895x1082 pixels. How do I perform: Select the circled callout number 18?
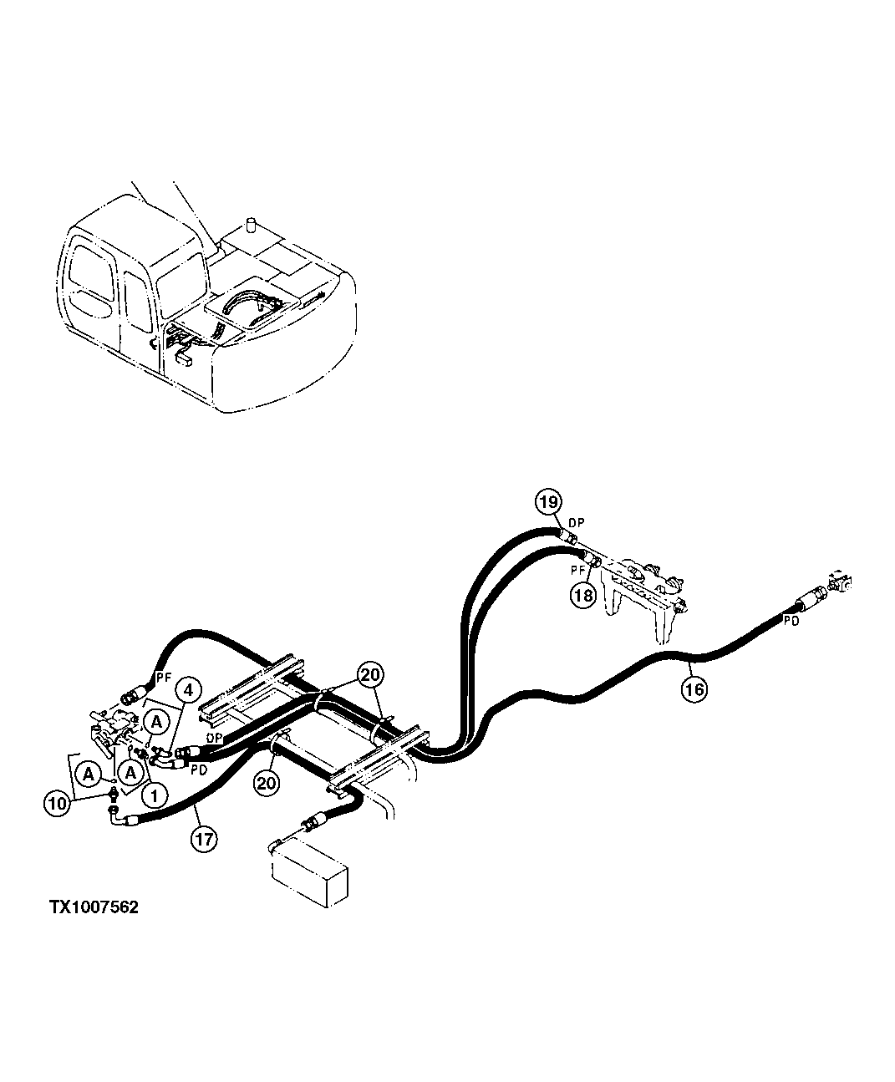click(582, 595)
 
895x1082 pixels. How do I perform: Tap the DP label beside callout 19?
click(577, 522)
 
